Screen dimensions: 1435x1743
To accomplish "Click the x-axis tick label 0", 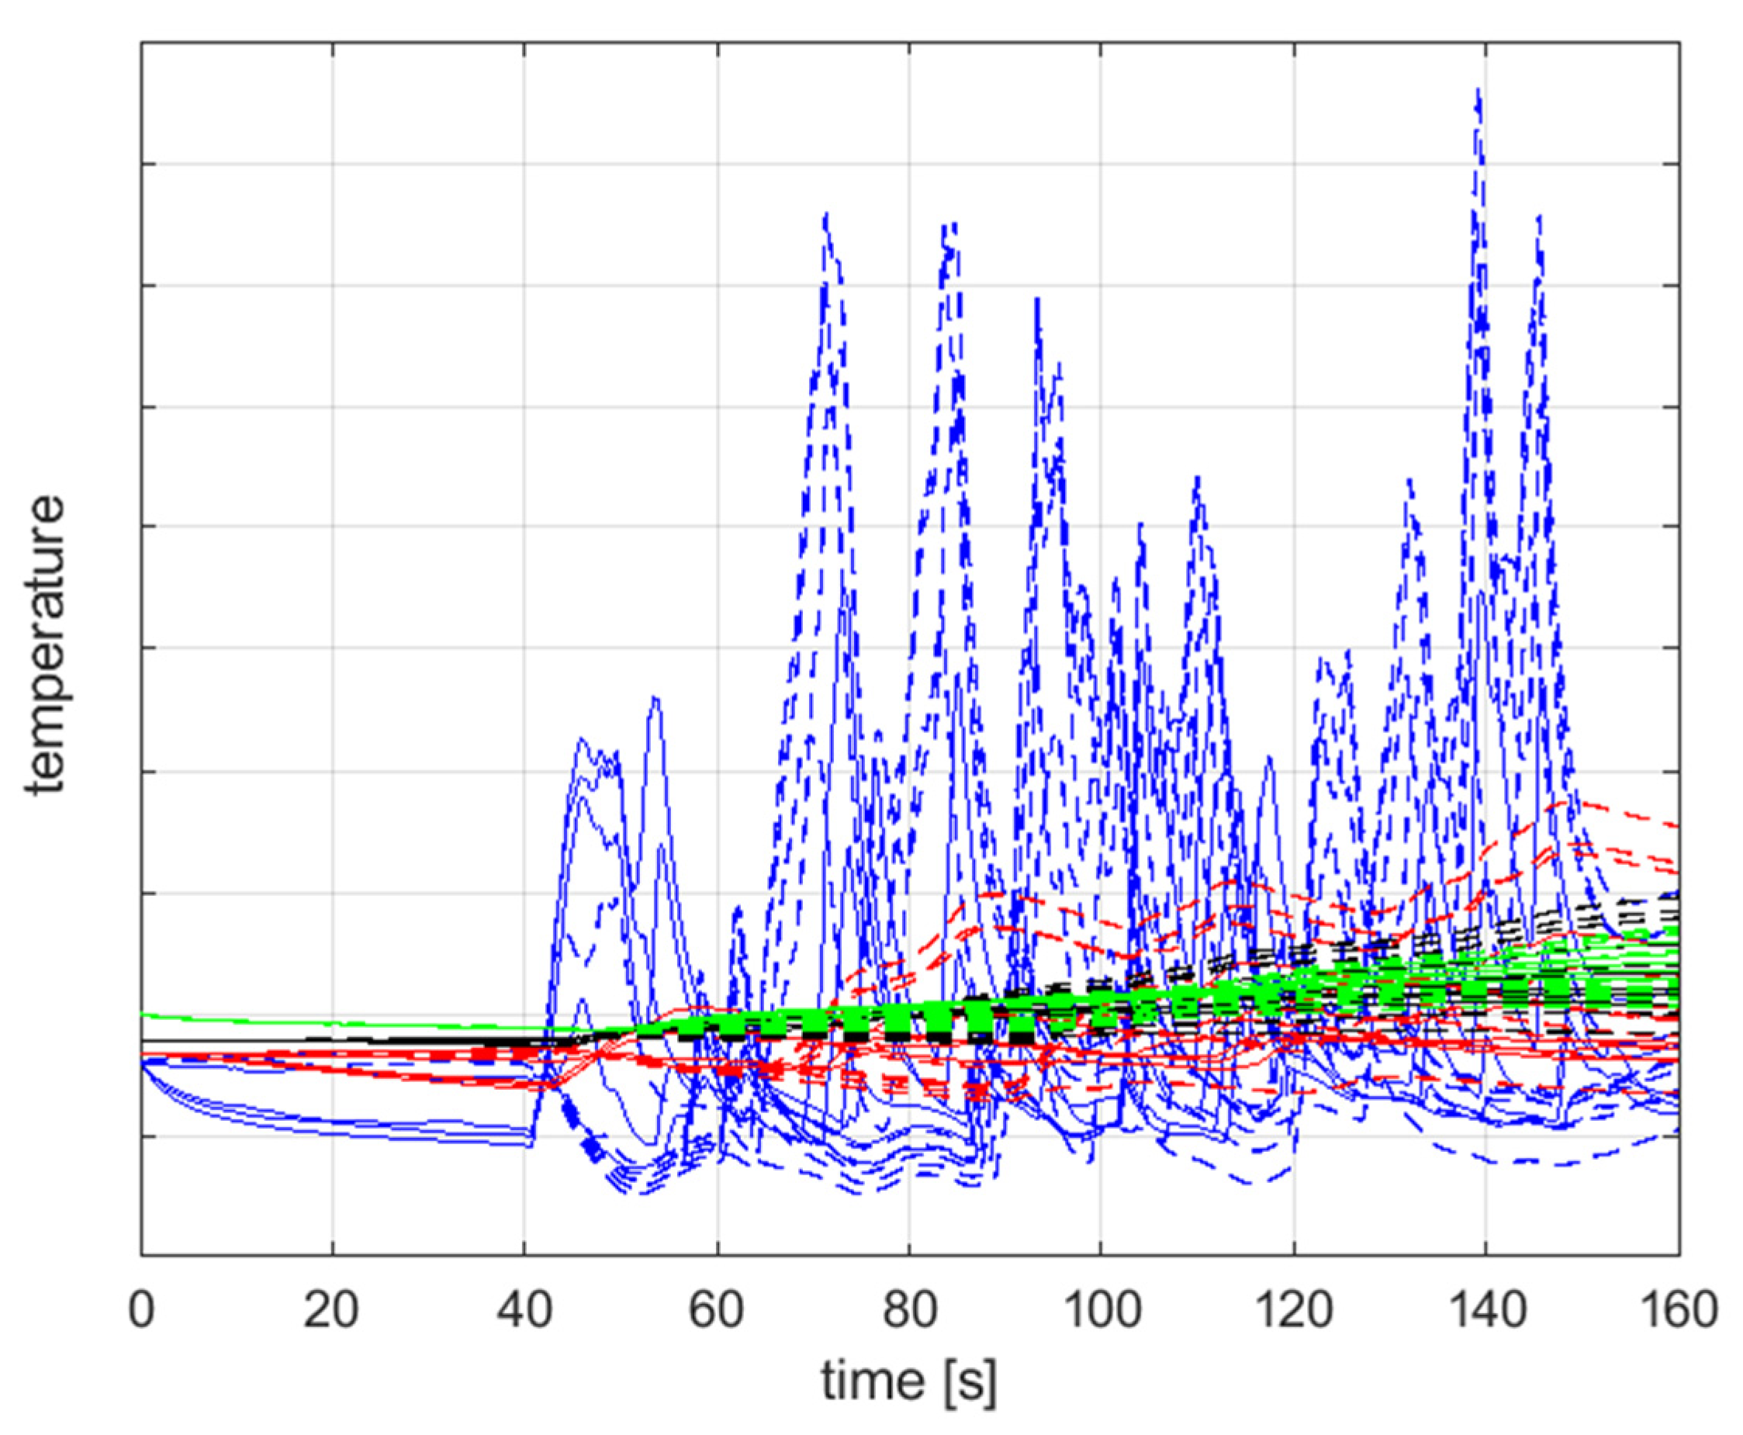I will click(141, 1309).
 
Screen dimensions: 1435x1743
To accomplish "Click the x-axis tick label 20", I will click(331, 1309).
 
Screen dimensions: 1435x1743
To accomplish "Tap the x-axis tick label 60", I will click(717, 1309).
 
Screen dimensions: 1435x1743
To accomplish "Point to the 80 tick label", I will click(909, 1309).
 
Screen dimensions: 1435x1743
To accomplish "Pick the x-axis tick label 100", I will click(1101, 1309).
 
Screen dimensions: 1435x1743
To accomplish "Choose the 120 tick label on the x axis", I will click(1293, 1309).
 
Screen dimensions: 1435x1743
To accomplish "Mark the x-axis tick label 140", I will click(1486, 1309).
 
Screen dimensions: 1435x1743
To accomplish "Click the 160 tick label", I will click(1678, 1309).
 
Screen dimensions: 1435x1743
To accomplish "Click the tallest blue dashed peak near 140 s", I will click(1478, 91).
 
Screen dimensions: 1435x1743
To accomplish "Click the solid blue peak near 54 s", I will click(655, 698).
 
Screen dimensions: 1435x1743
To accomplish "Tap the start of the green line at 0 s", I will click(143, 1015).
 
